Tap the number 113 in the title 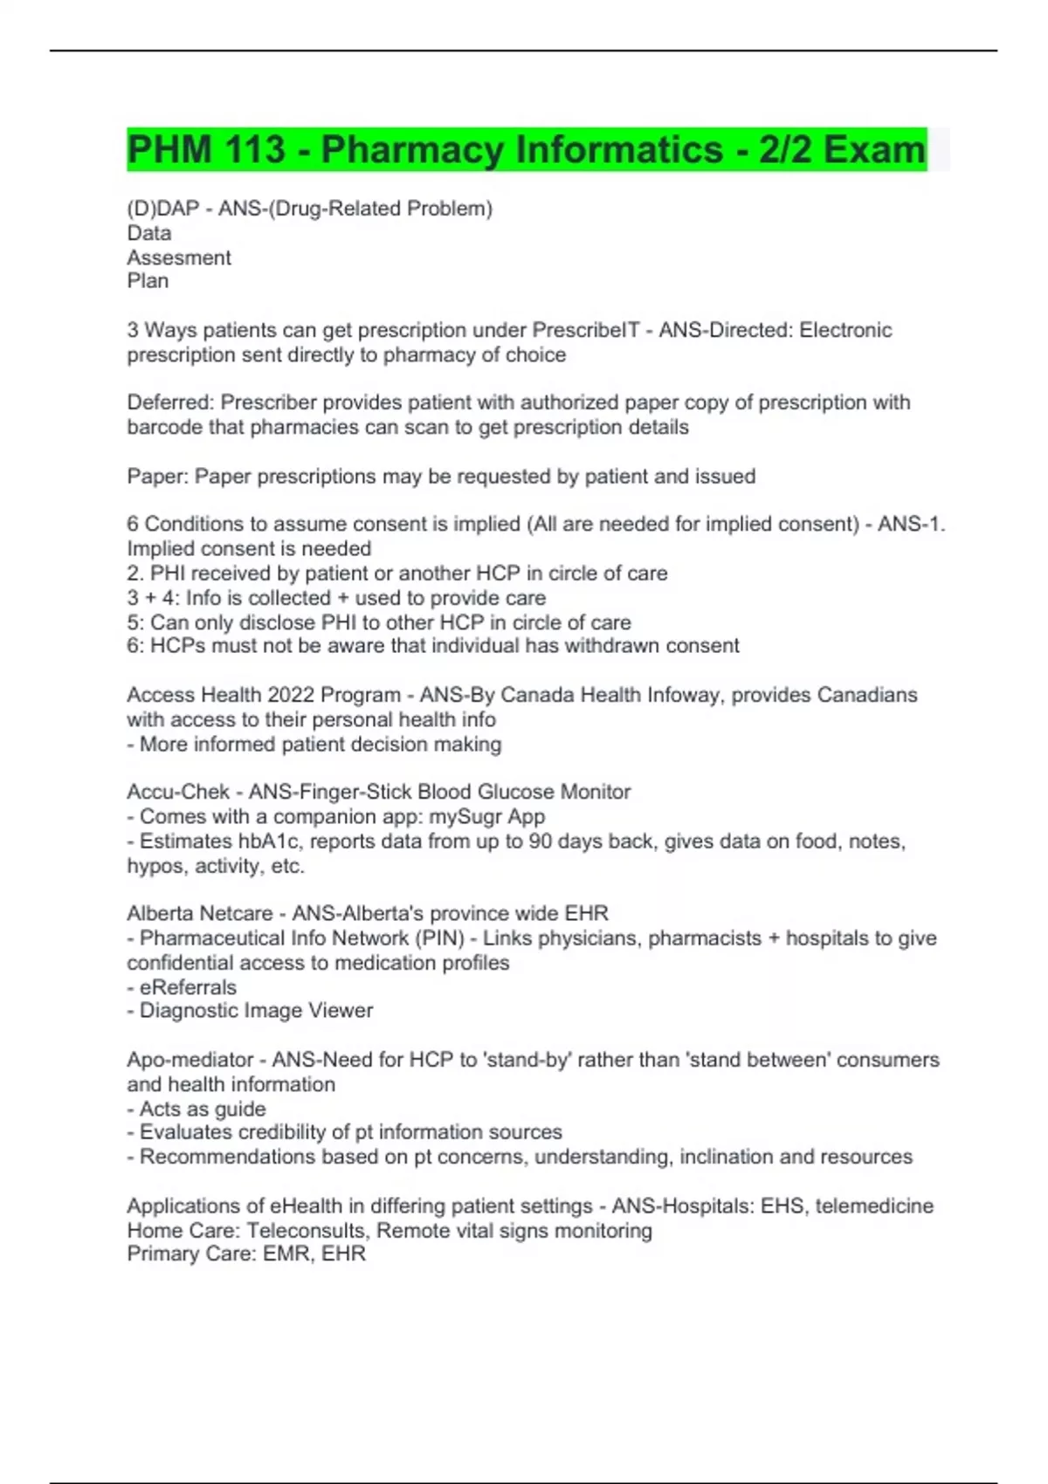tap(252, 149)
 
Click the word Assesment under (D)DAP tap(179, 258)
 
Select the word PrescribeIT tap(586, 330)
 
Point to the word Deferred tap(170, 402)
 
